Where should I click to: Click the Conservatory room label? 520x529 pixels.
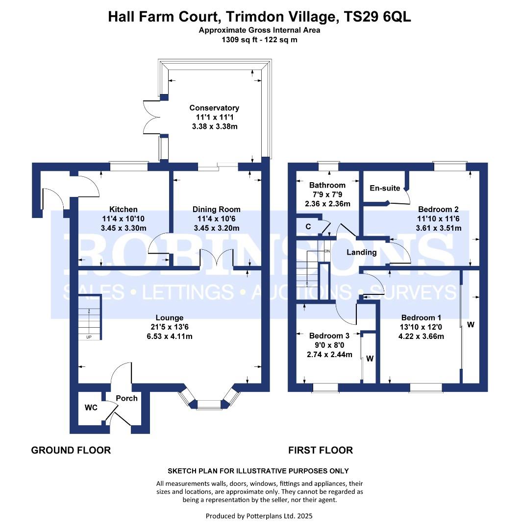(214, 108)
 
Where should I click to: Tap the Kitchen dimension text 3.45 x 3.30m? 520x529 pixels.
(124, 228)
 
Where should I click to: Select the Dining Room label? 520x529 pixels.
(217, 210)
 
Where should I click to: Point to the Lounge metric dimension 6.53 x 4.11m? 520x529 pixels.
(170, 337)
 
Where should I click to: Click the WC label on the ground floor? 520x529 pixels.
(91, 408)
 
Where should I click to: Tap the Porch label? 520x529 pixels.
(126, 398)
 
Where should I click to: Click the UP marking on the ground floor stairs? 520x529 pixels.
(89, 337)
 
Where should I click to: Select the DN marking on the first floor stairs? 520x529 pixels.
(327, 251)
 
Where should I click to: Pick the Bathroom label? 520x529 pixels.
(327, 185)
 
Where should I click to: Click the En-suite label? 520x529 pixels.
(385, 188)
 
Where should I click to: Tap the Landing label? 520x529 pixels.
(362, 252)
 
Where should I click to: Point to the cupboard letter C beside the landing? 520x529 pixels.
(308, 226)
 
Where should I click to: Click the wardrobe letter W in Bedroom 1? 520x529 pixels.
(470, 325)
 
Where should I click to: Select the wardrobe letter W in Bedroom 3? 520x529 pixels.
(370, 359)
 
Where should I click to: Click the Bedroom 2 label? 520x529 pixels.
(438, 210)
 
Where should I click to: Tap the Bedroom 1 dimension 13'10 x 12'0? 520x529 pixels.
(421, 327)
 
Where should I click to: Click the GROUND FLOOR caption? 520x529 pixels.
(71, 451)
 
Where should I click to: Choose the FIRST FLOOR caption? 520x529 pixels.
(321, 451)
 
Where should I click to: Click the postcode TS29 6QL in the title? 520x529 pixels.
(377, 17)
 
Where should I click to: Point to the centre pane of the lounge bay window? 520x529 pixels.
(209, 405)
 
